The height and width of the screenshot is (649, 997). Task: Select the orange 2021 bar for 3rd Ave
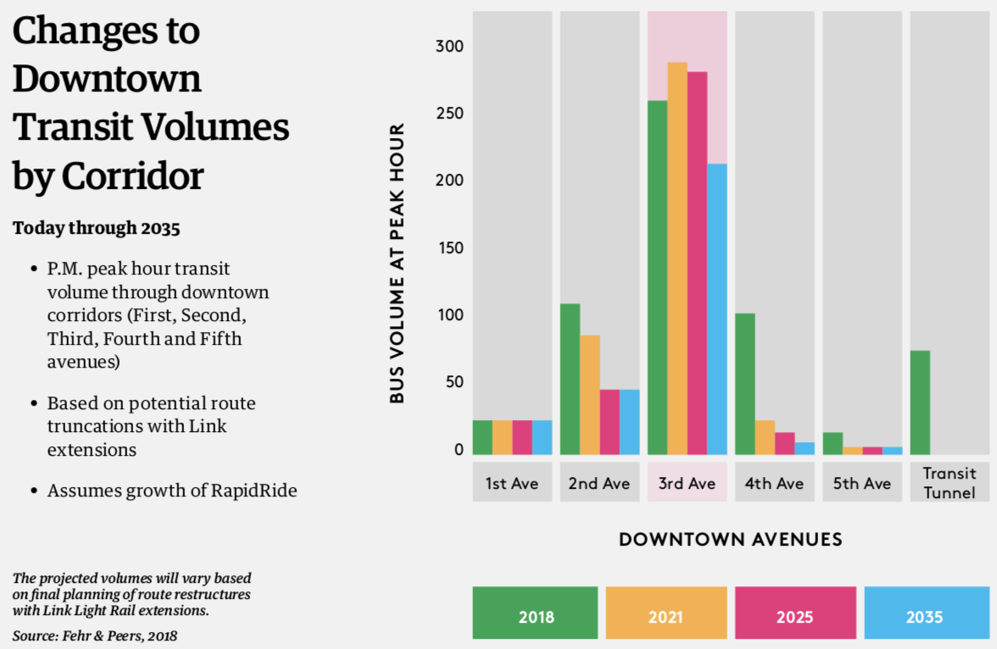(677, 258)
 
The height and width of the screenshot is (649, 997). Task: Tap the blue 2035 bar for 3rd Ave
(717, 308)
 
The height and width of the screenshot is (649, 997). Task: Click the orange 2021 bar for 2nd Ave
(589, 394)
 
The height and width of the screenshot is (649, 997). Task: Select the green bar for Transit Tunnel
(920, 402)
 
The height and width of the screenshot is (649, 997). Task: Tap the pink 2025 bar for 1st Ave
(522, 437)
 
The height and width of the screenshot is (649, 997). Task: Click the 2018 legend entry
(535, 616)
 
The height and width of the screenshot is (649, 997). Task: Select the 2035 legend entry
(924, 616)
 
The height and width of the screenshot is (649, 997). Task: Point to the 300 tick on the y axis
(450, 47)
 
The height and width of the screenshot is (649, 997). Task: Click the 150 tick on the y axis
(450, 248)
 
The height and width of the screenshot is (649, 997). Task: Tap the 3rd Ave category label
(687, 484)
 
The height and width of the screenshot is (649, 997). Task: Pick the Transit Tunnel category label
(950, 483)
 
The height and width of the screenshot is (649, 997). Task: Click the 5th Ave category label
(862, 484)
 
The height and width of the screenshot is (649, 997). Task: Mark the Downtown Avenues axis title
(730, 539)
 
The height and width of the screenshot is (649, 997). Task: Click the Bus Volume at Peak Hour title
(397, 263)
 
